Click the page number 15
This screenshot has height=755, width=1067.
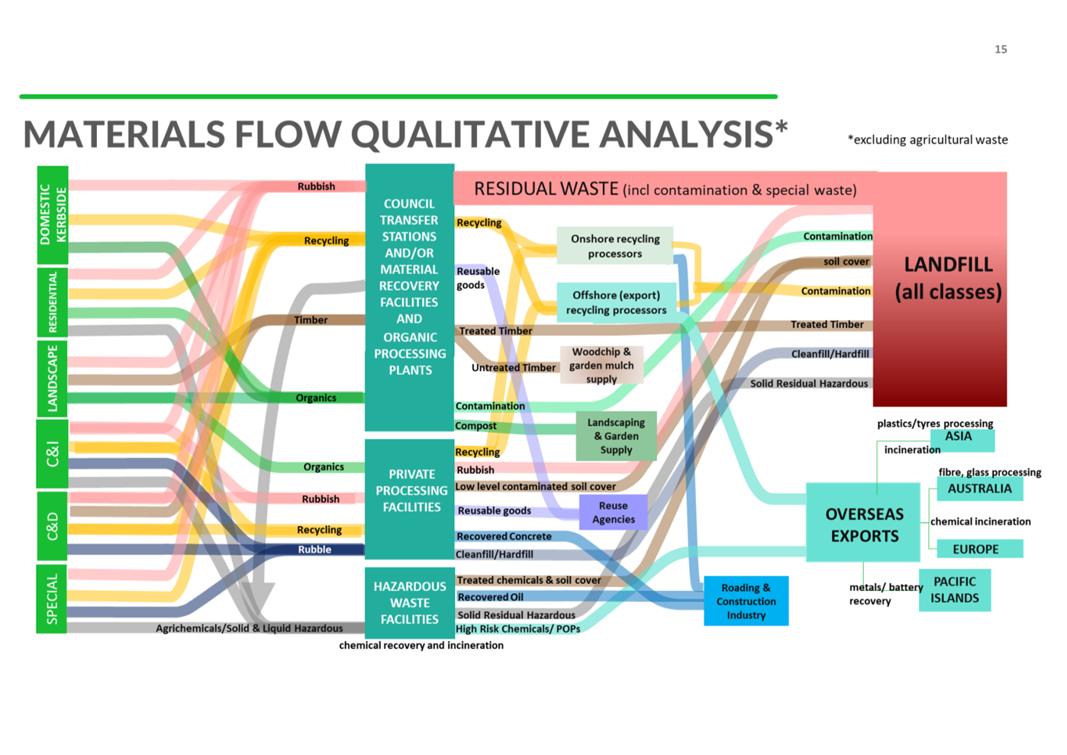pos(1000,50)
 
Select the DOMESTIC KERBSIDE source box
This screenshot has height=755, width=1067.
pos(53,215)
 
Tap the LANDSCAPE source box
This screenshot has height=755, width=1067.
pos(53,377)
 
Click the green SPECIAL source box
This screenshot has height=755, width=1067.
pos(52,599)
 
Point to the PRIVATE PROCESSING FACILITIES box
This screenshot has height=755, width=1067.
pos(411,491)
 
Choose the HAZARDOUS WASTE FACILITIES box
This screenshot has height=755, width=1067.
pos(409,602)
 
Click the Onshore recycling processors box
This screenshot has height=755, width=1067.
pos(614,246)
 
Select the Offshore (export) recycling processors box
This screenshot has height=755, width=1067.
pos(616,302)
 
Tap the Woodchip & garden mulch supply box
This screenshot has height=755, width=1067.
pos(601,365)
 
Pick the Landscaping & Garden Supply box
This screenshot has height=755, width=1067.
pos(616,436)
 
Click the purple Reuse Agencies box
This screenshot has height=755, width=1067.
pos(613,512)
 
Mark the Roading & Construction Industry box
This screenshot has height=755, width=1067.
pos(746,601)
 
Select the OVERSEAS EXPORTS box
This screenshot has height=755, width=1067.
pos(863,524)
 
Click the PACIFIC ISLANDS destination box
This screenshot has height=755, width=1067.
pos(954,589)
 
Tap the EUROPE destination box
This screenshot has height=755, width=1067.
pos(975,549)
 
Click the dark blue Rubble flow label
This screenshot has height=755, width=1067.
pos(314,550)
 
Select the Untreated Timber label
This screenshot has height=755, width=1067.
pos(513,368)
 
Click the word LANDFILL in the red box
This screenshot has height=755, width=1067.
pos(948,265)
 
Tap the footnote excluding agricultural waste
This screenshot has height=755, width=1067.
pos(927,140)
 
